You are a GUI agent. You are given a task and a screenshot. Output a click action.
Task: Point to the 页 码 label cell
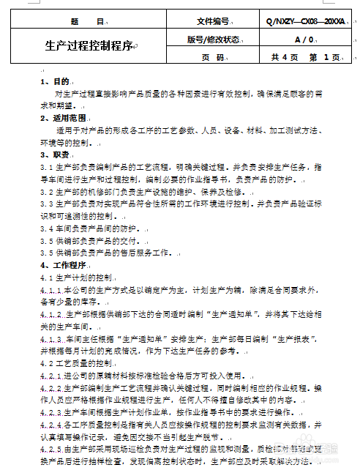[x=213, y=56]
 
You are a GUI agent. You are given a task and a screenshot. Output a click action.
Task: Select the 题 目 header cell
[x=89, y=22]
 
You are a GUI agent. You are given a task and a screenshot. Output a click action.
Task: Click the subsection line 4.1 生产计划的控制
[x=77, y=278]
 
